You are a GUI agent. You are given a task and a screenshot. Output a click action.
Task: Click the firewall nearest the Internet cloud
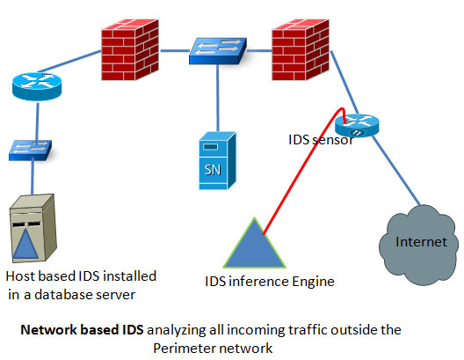coord(301,50)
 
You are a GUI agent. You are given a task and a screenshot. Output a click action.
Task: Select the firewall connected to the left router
coord(130,50)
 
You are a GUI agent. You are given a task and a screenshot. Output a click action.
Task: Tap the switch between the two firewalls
coord(218,51)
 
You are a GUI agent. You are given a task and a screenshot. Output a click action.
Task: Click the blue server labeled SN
coord(218,160)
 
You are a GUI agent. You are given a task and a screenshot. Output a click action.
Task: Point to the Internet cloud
coord(418,245)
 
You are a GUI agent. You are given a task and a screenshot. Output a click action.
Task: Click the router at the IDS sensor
coord(357,126)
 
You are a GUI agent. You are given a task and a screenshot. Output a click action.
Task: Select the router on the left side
coord(37,86)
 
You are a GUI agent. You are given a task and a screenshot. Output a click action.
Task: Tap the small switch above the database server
coord(30,151)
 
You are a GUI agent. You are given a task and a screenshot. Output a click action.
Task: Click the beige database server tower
coord(33,228)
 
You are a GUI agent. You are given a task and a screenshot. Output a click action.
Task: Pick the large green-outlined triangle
coord(255,246)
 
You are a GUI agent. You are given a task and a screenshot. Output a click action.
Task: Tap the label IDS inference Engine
coord(270,282)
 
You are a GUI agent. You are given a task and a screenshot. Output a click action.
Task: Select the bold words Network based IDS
coord(83,330)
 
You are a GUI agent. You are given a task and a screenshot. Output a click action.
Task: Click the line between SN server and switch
coord(218,98)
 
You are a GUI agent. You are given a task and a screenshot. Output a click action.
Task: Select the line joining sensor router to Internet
coord(395,171)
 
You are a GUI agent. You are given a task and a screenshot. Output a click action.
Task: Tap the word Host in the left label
coord(20,276)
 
